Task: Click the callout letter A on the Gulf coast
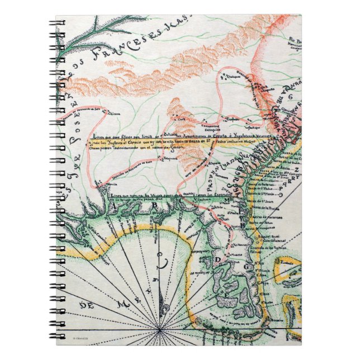(x=115, y=205)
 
